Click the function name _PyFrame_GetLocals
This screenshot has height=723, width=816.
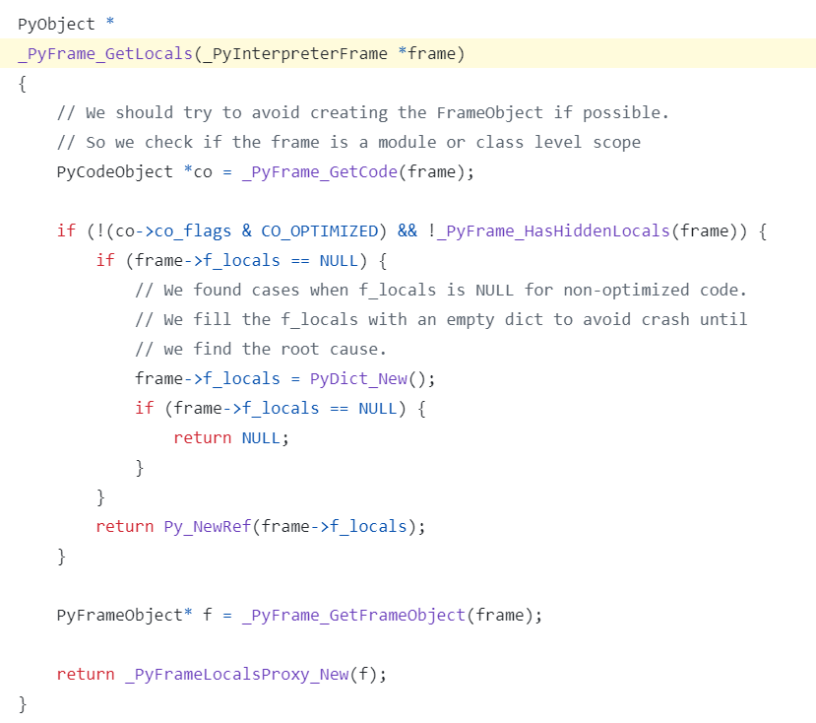(104, 53)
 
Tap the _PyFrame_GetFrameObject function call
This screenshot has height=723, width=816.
(353, 615)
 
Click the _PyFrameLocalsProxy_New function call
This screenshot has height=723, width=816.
(236, 674)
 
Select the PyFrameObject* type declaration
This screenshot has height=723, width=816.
(125, 615)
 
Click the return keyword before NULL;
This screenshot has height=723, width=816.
(203, 437)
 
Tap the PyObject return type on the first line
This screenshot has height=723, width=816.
(51, 24)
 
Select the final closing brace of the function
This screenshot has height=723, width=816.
(23, 703)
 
